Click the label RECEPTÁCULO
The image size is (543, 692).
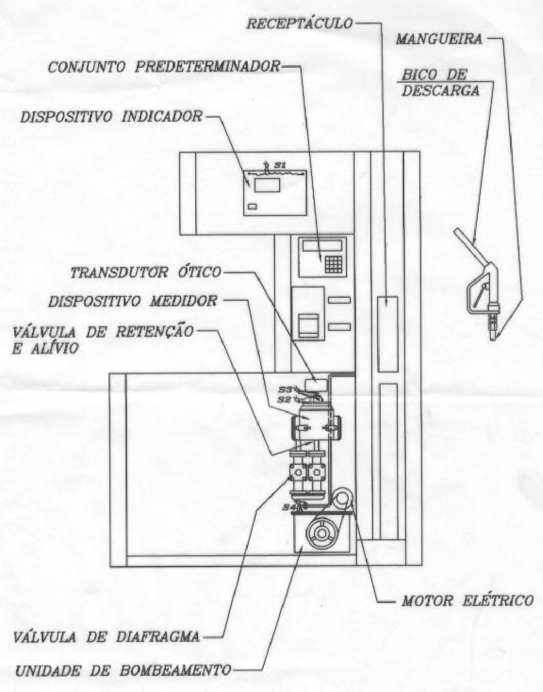300,24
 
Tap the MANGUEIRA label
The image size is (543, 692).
439,39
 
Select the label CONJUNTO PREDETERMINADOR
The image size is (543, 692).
164,68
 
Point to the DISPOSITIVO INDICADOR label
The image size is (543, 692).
111,117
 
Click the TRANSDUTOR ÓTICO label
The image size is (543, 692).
146,272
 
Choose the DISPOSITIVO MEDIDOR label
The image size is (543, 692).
132,301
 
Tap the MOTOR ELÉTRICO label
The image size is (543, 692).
467,601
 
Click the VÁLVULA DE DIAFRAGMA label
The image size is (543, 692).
106,636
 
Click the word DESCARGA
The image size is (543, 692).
440,91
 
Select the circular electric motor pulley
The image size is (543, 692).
322,533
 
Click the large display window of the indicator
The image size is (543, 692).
267,185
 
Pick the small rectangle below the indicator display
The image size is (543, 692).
252,207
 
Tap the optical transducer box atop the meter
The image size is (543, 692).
316,385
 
